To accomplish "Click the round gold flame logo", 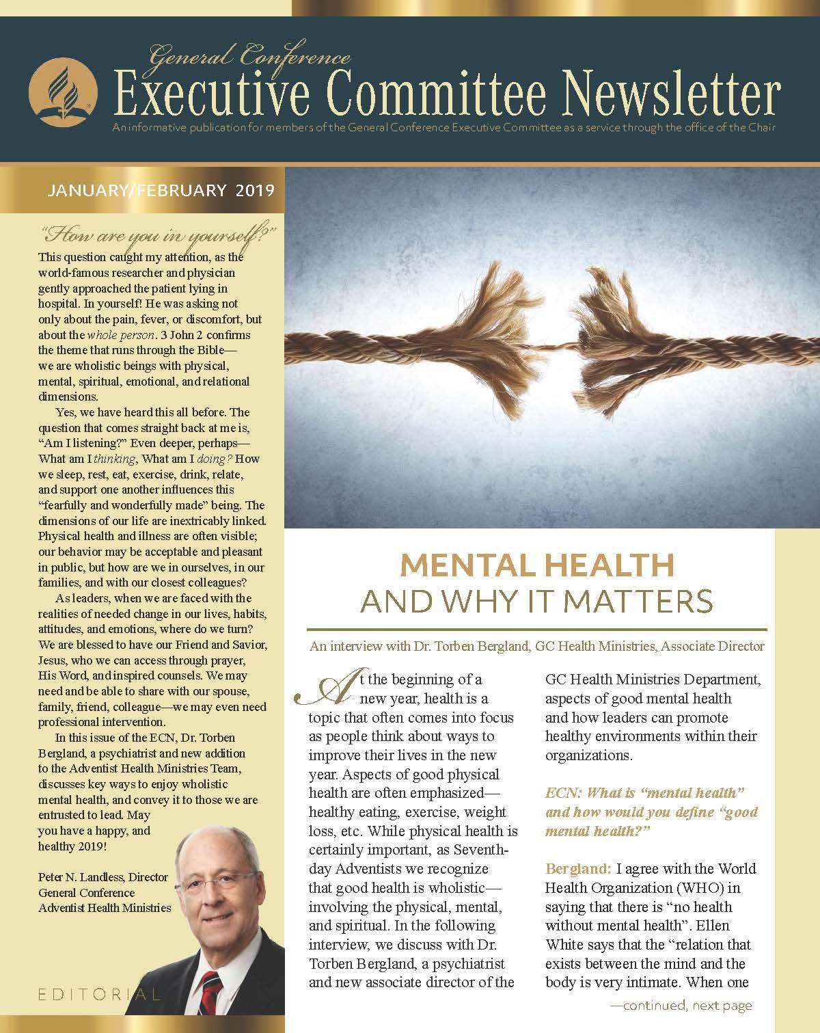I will tap(61, 92).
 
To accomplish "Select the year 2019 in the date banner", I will tap(255, 190).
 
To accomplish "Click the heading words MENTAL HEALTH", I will tap(537, 566).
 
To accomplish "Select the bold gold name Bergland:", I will tap(578, 870).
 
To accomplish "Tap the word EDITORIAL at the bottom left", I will tap(96, 994).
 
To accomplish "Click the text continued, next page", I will tap(681, 1005).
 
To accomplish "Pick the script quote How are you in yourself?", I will tap(159, 237).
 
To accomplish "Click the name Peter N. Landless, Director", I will tap(103, 877).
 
